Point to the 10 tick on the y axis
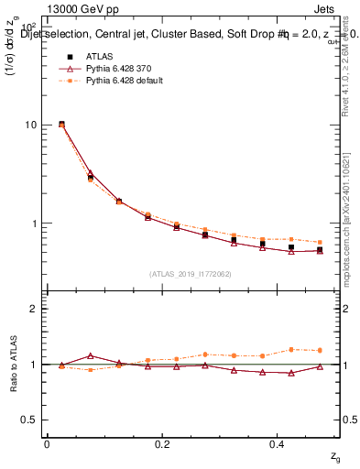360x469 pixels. tap(30, 125)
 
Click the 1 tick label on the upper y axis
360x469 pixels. tap(33, 224)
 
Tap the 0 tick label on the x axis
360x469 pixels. tap(47, 444)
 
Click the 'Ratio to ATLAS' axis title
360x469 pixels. tap(14, 364)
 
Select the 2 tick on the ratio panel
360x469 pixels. tap(33, 309)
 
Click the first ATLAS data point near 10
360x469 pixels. tap(61, 124)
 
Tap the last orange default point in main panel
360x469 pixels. tap(320, 242)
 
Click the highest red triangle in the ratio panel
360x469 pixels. tap(90, 355)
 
